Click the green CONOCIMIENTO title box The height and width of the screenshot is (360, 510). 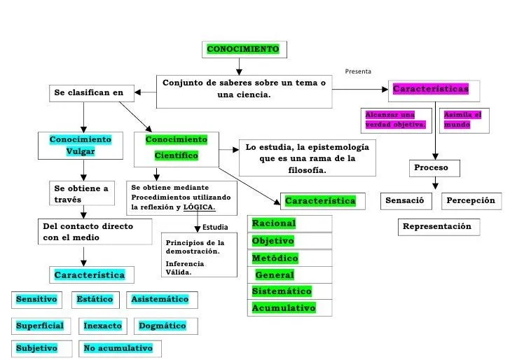coord(243,49)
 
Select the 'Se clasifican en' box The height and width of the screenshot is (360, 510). coord(88,92)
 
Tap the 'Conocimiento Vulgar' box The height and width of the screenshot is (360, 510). coord(81,146)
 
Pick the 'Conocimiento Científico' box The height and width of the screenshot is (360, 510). coord(176,148)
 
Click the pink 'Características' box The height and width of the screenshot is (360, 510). coord(429,90)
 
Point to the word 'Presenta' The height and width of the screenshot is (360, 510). coord(358,71)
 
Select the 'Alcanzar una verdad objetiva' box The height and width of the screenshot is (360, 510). coord(396,119)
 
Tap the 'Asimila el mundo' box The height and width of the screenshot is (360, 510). coord(462,119)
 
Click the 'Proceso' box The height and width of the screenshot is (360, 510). coord(436,168)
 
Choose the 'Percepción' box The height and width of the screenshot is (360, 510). coord(471,201)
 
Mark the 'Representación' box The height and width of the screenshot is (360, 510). coord(437,227)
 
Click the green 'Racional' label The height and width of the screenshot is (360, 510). coord(274,223)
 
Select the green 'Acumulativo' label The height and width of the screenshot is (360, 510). coord(284,308)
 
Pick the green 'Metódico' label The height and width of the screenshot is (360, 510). coord(275,258)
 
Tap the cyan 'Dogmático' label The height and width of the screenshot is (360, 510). coord(163,326)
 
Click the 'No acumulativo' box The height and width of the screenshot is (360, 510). coord(118,348)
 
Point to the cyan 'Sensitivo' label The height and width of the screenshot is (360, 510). coord(36,299)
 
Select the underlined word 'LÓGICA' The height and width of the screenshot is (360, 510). coord(199,208)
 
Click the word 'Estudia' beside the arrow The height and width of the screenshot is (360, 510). coord(215,227)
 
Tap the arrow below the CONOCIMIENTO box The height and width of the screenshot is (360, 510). coord(240,66)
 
